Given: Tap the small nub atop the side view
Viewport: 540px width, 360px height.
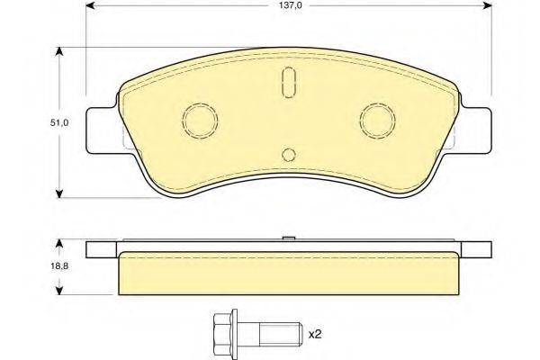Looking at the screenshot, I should pyautogui.click(x=287, y=238).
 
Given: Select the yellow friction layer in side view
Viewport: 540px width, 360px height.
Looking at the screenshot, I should pyautogui.click(x=287, y=274).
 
